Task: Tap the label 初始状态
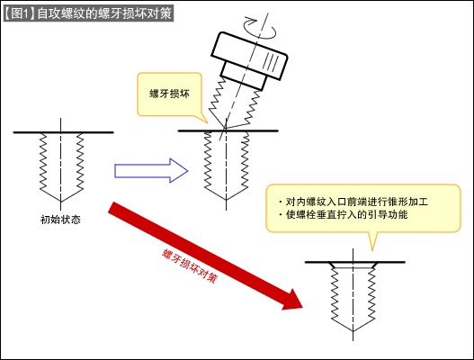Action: click(61, 220)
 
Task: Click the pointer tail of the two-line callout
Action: click(372, 241)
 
